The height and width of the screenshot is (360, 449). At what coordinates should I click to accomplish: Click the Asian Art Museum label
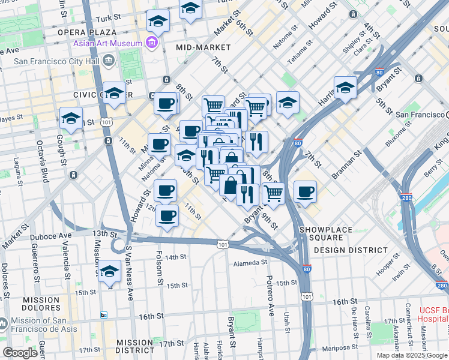(x=107, y=43)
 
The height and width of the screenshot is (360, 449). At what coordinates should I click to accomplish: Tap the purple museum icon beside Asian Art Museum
(x=151, y=43)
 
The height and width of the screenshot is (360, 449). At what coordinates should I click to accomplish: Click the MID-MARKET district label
(x=203, y=47)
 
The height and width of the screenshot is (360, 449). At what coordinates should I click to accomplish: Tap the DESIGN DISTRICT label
(x=350, y=250)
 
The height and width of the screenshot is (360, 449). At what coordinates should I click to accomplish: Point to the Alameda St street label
(x=250, y=262)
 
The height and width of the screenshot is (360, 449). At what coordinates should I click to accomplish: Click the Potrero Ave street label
(x=270, y=296)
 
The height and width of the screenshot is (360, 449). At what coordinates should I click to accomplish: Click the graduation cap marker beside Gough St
(x=71, y=119)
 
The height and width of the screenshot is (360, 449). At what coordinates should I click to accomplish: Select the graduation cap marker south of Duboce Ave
(x=109, y=272)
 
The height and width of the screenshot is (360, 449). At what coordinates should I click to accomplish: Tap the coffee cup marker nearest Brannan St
(x=306, y=191)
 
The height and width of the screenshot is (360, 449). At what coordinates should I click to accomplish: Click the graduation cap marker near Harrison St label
(x=345, y=87)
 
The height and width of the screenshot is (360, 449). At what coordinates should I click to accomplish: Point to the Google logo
(x=20, y=353)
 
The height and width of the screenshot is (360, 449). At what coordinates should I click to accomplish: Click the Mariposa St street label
(x=339, y=347)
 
